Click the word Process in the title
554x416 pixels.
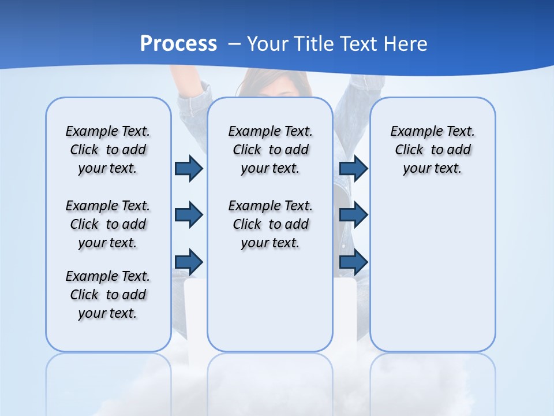point(178,43)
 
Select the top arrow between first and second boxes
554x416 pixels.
point(189,168)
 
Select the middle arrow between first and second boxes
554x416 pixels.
point(189,215)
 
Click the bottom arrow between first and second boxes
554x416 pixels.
point(189,262)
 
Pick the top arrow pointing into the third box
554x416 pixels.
point(353,168)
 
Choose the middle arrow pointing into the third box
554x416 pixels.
point(353,215)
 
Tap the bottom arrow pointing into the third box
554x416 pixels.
point(353,262)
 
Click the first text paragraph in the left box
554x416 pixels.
point(108,150)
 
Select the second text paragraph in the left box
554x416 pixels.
point(108,224)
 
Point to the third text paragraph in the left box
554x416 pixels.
point(108,295)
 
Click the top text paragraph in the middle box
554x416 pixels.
point(270,150)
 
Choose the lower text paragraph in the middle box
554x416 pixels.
point(270,224)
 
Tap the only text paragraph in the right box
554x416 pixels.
point(432,150)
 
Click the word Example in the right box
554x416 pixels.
point(411,132)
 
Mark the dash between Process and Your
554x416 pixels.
point(234,43)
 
